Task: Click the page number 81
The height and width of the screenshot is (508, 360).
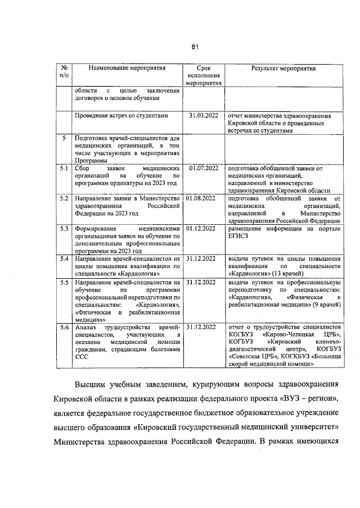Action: click(x=195, y=47)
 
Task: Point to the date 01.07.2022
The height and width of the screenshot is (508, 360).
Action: click(x=201, y=167)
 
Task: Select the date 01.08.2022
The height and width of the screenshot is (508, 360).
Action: click(x=201, y=198)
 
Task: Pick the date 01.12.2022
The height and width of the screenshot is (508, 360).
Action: click(x=201, y=229)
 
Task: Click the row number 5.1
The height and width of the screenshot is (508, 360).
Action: click(x=64, y=167)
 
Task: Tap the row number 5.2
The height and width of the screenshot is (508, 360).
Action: click(x=64, y=198)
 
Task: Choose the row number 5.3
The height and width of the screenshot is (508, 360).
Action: click(x=64, y=229)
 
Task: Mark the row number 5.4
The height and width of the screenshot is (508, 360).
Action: click(x=64, y=258)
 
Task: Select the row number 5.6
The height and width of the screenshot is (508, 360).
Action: click(x=64, y=326)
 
